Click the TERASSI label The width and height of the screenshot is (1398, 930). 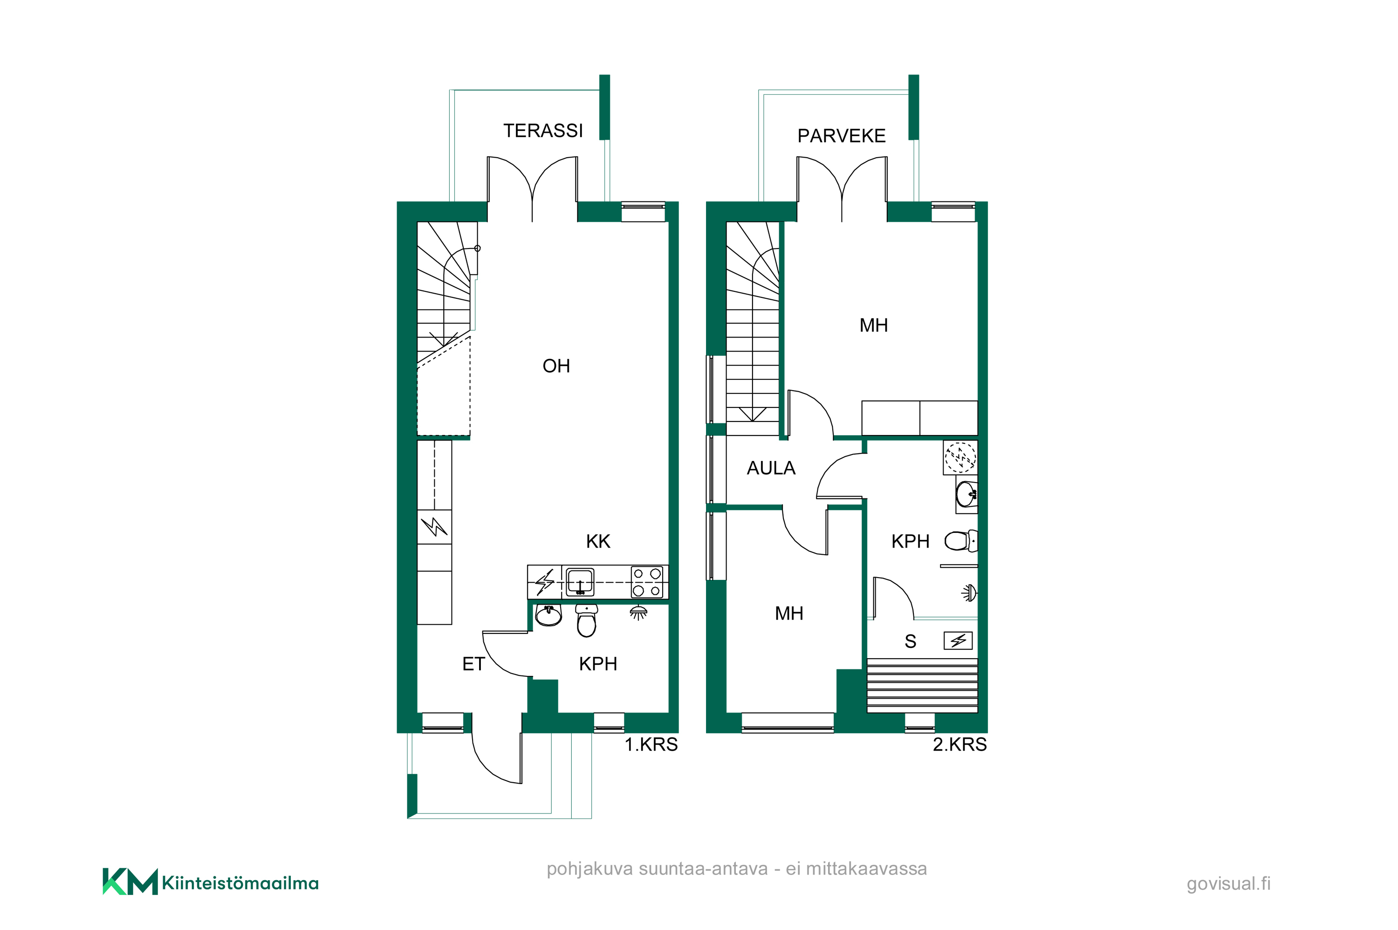click(542, 131)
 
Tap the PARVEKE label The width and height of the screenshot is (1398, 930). click(841, 136)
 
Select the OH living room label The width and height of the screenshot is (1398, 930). click(555, 366)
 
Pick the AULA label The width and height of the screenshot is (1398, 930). click(770, 468)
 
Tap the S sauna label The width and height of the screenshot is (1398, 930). click(910, 641)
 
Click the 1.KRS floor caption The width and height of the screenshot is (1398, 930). click(651, 744)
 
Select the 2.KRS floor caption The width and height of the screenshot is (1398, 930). click(959, 744)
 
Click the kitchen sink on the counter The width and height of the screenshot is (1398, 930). click(579, 582)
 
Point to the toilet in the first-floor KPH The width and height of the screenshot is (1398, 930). click(586, 620)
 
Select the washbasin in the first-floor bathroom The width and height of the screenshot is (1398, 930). click(548, 615)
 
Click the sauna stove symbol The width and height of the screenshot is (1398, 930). click(958, 641)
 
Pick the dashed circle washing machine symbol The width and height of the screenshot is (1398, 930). click(960, 458)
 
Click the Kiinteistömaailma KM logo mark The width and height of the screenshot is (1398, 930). click(130, 882)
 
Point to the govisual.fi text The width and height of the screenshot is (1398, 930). click(1228, 884)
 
